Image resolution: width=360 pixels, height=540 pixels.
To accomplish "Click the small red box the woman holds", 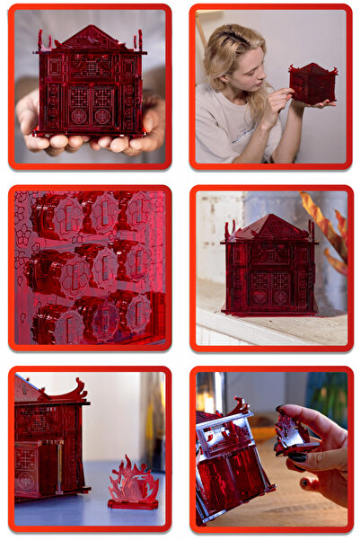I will pyautogui.click(x=312, y=84).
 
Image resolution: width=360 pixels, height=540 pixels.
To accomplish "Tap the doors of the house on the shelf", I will pyautogui.click(x=268, y=288).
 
